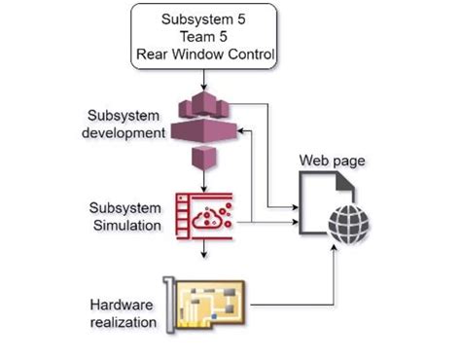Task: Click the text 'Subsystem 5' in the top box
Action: click(203, 18)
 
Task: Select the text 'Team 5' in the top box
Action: click(203, 37)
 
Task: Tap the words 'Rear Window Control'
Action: click(203, 56)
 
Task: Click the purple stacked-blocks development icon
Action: click(203, 122)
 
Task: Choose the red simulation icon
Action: click(203, 215)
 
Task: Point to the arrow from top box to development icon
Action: click(203, 79)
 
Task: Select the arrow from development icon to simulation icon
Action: click(203, 181)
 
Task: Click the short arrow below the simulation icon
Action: click(203, 251)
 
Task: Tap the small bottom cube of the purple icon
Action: click(203, 157)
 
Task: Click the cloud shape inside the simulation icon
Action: click(205, 219)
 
